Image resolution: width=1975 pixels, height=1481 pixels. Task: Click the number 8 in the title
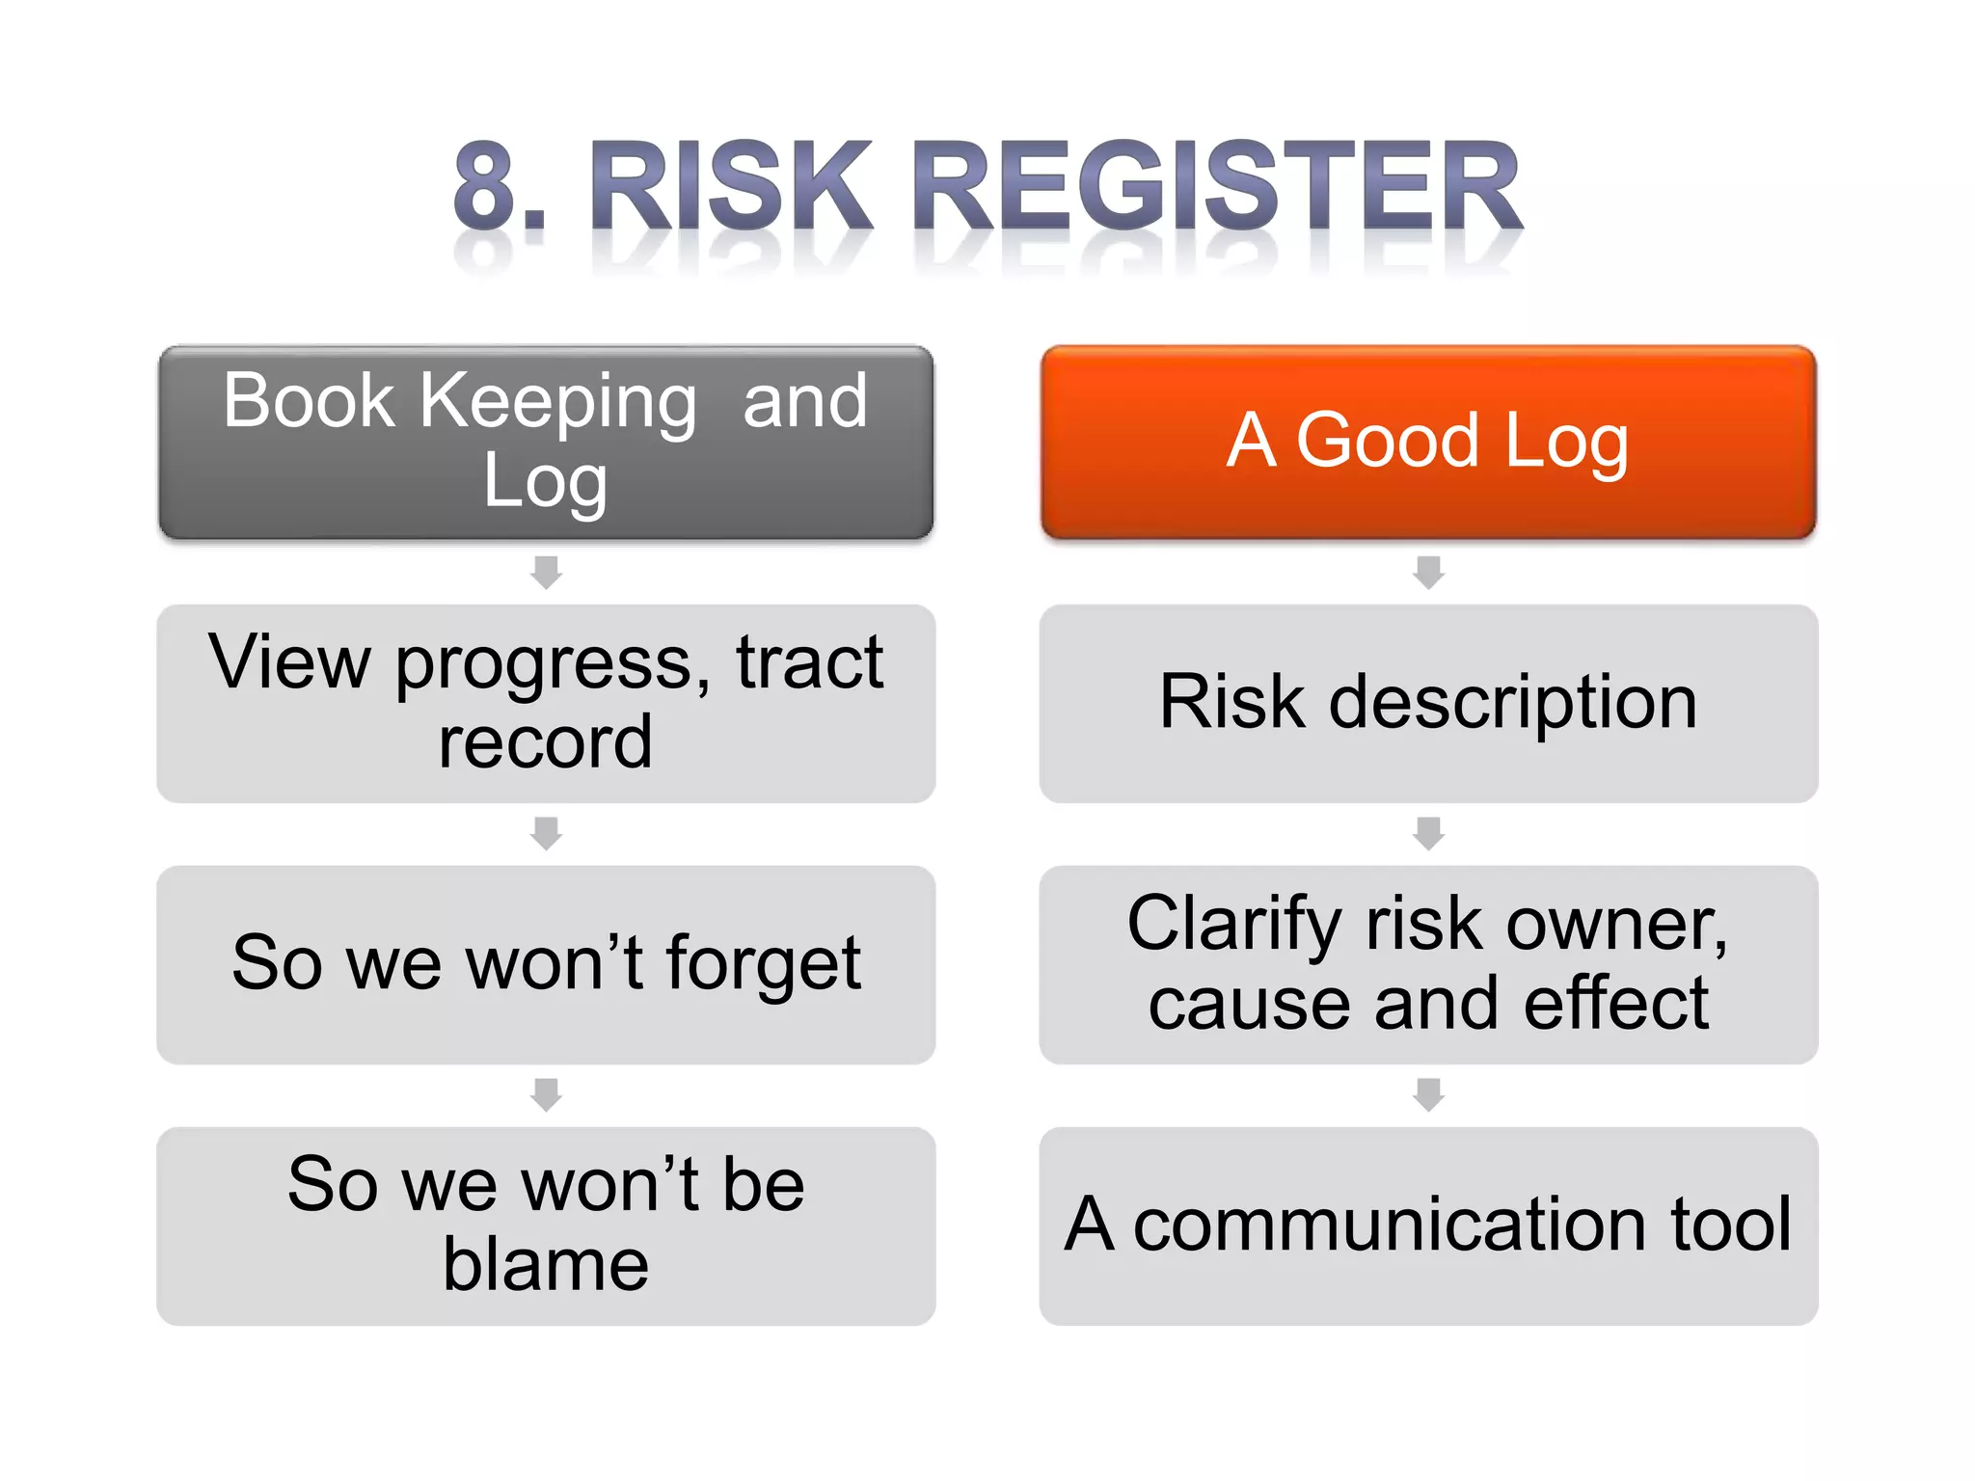[485, 186]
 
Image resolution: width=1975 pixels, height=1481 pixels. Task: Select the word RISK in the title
[730, 186]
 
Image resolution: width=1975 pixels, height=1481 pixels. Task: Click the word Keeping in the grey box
[557, 402]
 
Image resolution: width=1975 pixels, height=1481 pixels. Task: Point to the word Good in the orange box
[1387, 441]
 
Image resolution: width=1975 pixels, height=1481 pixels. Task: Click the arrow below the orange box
[1428, 572]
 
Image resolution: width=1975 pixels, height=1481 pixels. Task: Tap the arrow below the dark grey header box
[546, 572]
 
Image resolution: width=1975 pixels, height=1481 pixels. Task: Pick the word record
[546, 742]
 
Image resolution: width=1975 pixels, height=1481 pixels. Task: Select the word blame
[546, 1265]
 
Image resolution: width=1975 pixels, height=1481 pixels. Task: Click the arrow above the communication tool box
[1428, 1094]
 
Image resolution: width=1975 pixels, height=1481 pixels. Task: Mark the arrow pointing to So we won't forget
[546, 833]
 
